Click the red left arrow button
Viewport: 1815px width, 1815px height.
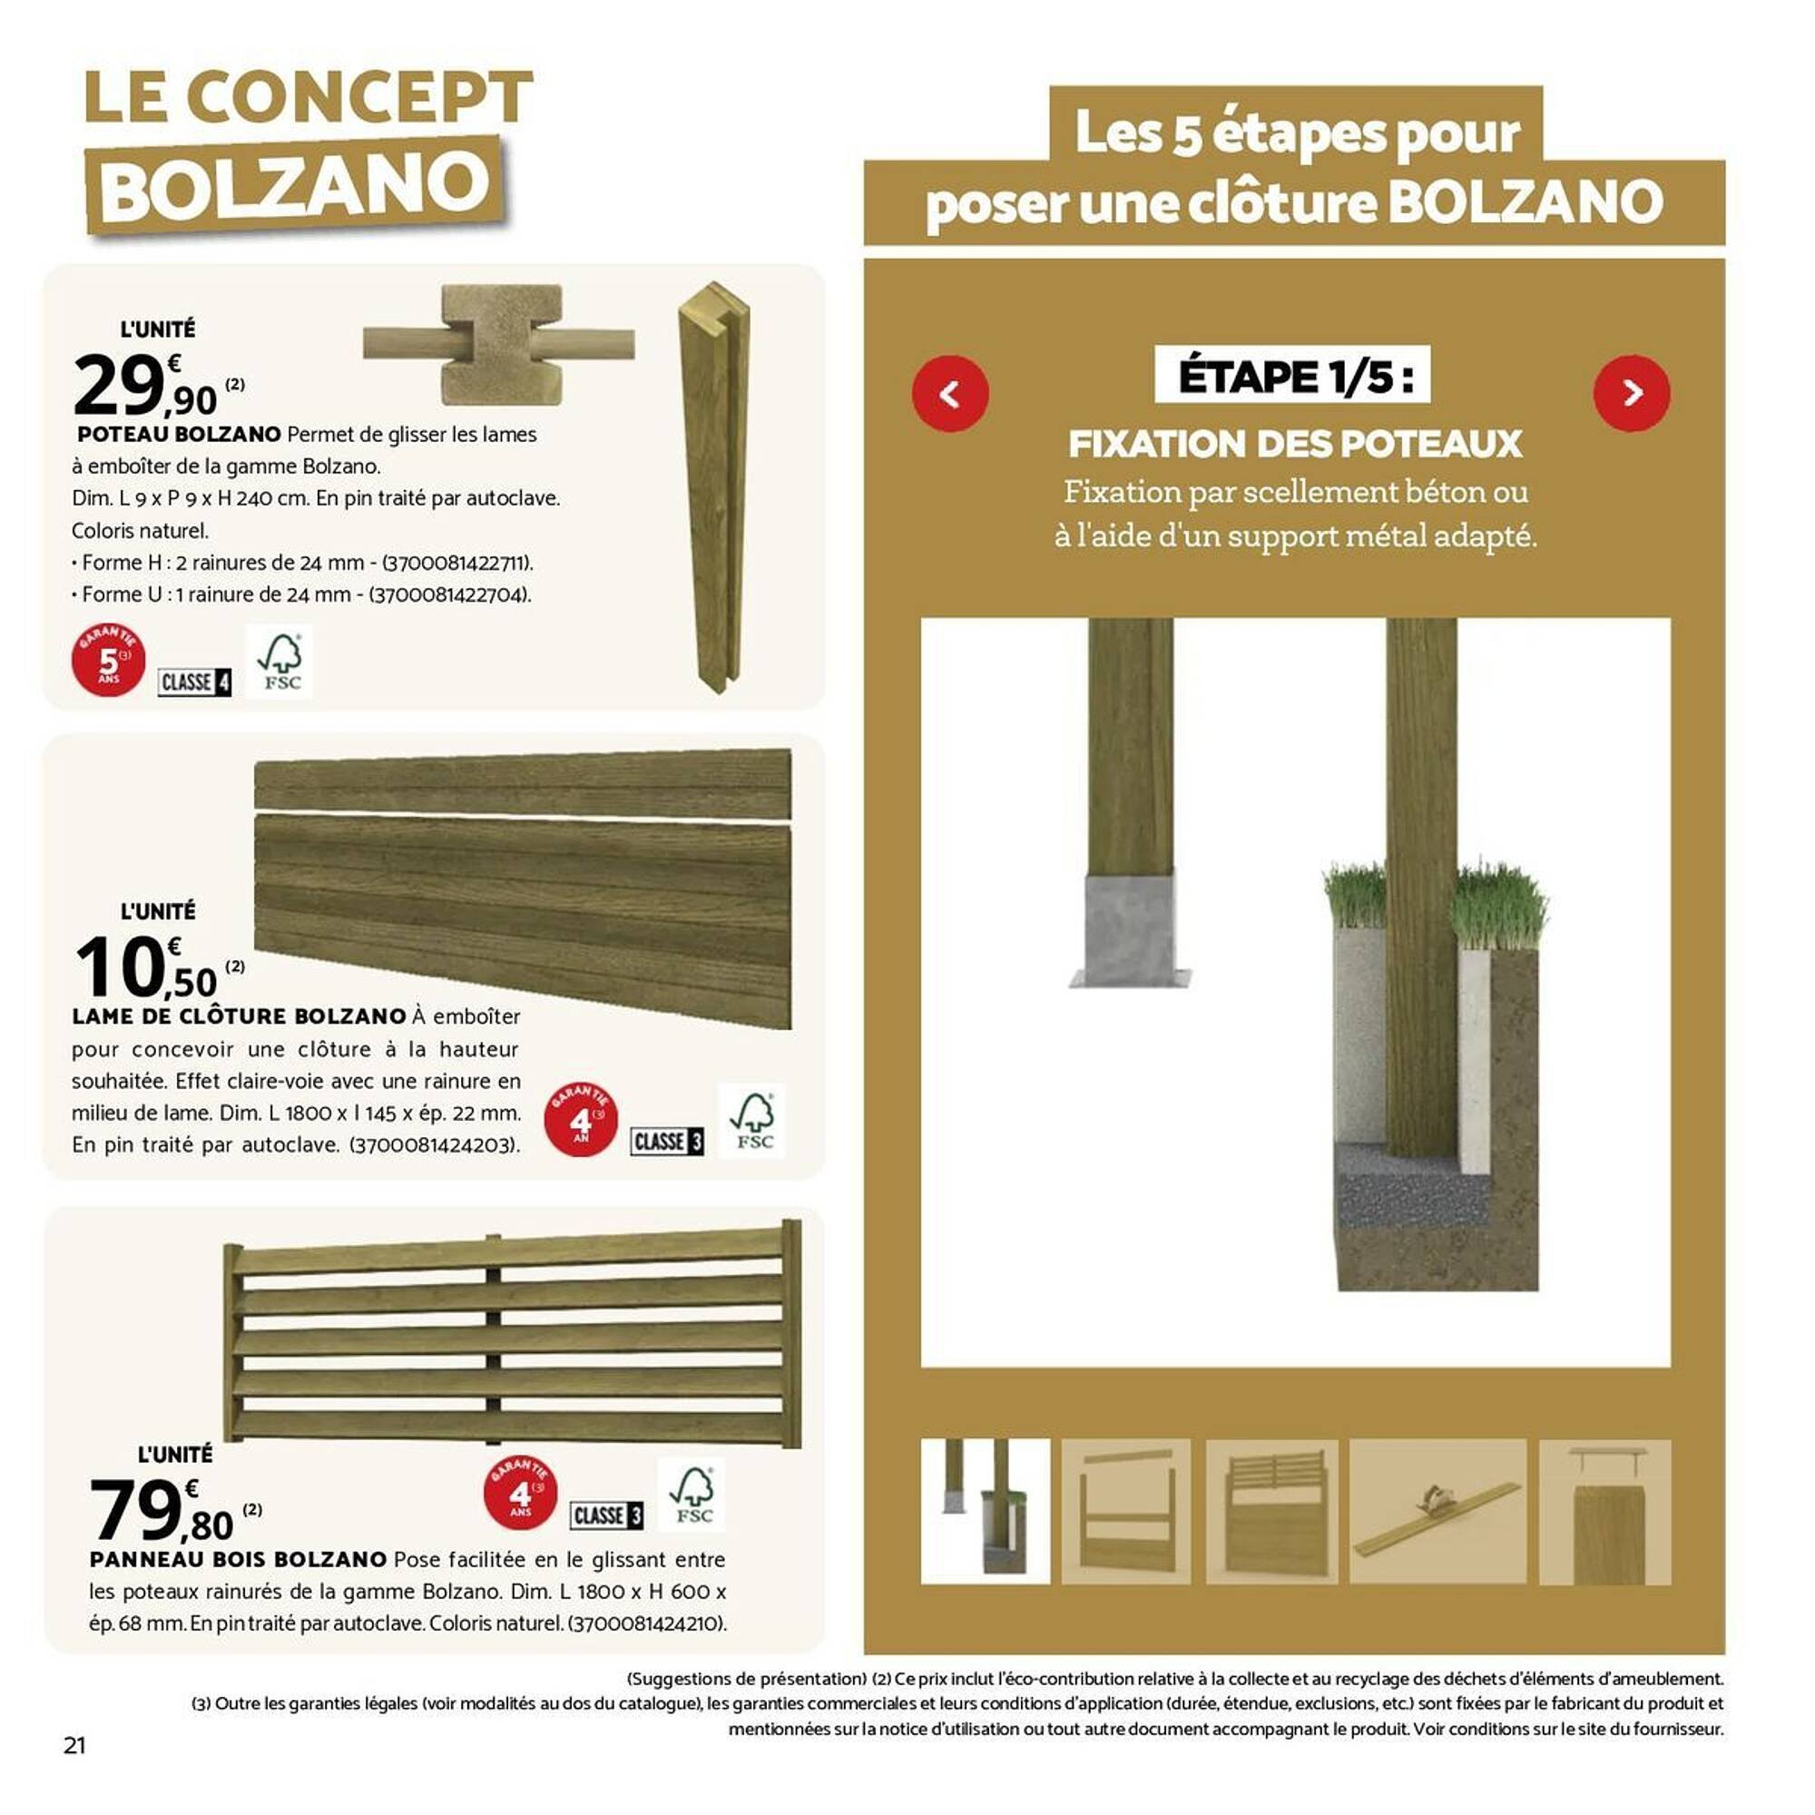point(950,394)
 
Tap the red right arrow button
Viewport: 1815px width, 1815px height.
point(1632,394)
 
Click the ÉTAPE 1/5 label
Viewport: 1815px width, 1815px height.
point(1291,376)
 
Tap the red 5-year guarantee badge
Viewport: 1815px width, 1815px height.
point(108,660)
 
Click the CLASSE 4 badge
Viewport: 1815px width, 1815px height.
point(194,682)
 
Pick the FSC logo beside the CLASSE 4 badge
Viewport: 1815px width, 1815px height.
point(279,662)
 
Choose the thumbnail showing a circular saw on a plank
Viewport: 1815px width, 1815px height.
point(1437,1512)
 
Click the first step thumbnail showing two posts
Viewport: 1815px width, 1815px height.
point(985,1512)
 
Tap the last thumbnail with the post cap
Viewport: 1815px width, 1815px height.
point(1604,1512)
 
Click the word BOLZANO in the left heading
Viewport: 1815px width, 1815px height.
point(294,185)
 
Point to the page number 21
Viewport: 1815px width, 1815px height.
point(74,1745)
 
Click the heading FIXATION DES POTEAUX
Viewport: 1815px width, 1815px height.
point(1295,445)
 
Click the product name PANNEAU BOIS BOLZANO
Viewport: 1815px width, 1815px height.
point(238,1559)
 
